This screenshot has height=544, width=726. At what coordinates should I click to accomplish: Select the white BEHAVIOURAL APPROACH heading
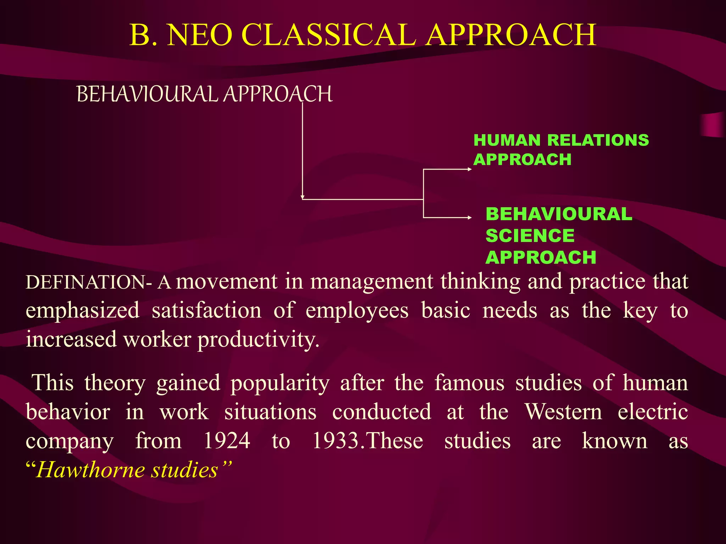click(205, 94)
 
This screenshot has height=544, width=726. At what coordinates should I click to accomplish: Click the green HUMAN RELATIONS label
click(561, 140)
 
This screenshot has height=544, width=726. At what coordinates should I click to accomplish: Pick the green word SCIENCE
click(530, 236)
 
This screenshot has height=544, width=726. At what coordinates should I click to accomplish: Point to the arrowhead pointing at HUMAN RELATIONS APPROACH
click(470, 169)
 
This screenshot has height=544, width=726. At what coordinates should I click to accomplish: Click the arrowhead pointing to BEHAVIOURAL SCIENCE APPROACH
click(470, 217)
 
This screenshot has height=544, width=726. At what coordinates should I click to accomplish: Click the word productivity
click(258, 339)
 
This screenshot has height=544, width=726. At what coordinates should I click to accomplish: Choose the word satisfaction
click(207, 311)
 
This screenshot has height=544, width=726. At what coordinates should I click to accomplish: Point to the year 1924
click(227, 441)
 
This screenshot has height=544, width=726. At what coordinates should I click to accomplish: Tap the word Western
click(563, 412)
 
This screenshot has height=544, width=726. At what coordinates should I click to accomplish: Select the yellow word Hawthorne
click(90, 470)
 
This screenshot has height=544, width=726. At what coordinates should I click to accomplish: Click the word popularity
click(280, 383)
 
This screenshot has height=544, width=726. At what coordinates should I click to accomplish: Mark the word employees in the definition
click(357, 311)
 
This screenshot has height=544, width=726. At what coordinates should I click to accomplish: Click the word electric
click(653, 412)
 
